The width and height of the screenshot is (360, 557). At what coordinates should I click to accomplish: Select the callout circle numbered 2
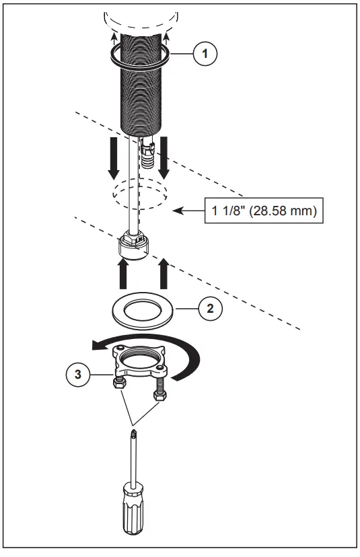pyautogui.click(x=211, y=309)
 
